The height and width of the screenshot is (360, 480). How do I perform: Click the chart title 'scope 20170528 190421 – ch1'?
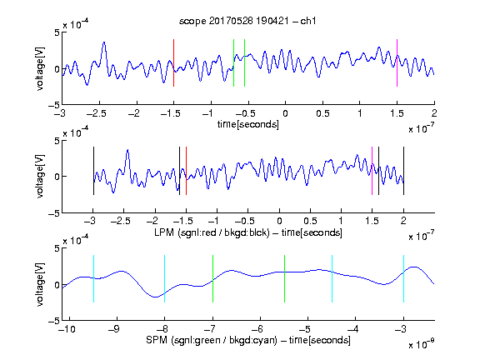(x=247, y=21)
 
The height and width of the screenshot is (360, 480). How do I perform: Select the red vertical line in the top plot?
(x=173, y=62)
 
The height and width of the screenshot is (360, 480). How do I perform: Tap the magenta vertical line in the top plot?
(x=397, y=62)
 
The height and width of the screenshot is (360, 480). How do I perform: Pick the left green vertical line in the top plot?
(x=233, y=62)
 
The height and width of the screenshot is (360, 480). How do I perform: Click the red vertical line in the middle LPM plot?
(x=186, y=171)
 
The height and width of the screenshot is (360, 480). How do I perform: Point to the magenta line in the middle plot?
(x=372, y=171)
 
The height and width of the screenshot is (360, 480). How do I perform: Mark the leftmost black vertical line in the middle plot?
(x=93, y=171)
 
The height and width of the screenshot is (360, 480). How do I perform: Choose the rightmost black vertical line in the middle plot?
(x=403, y=171)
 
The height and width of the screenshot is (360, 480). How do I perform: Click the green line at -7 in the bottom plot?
(x=212, y=278)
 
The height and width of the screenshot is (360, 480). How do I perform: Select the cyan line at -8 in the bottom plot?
(x=165, y=278)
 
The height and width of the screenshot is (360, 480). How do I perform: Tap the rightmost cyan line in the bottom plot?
(x=403, y=278)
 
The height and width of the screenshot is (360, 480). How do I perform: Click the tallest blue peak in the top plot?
(x=104, y=42)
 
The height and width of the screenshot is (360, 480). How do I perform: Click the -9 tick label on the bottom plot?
(x=114, y=329)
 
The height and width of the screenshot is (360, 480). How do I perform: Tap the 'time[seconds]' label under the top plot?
(x=248, y=124)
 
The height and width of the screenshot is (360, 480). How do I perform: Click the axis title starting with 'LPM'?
(x=248, y=232)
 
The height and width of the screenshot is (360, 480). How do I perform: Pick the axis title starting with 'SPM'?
(x=248, y=340)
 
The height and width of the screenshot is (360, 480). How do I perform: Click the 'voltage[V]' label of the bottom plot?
(x=40, y=284)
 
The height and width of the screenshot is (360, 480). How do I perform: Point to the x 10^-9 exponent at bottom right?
(x=422, y=343)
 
